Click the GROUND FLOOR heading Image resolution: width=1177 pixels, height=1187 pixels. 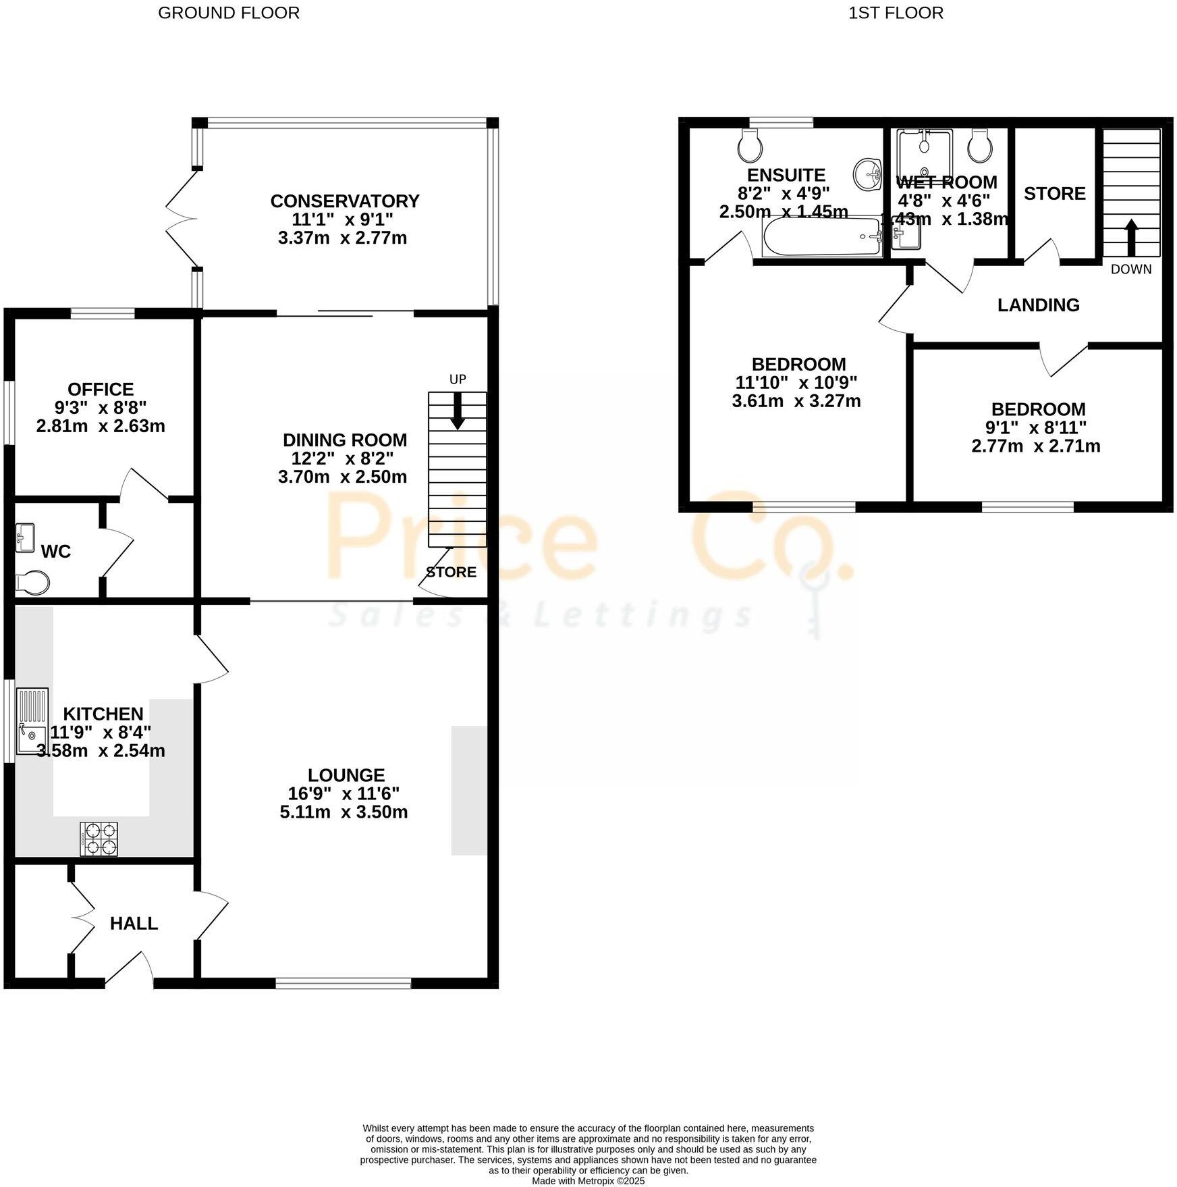229,13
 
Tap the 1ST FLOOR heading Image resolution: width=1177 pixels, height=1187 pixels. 896,13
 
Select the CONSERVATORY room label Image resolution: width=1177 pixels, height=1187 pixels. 345,201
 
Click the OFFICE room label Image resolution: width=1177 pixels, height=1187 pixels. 101,390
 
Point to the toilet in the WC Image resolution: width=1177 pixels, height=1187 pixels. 32,582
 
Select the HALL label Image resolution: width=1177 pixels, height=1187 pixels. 134,924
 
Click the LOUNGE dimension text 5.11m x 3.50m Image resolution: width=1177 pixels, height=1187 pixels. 344,812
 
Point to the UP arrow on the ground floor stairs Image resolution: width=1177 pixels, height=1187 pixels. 458,411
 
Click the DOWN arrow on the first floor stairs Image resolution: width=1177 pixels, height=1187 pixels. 1131,238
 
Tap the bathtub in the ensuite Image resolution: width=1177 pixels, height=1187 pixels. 821,236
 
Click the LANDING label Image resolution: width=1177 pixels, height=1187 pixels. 1038,305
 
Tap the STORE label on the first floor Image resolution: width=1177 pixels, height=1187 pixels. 1054,194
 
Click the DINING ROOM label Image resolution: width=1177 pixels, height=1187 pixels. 345,440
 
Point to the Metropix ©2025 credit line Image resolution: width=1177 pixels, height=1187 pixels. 588,1181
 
